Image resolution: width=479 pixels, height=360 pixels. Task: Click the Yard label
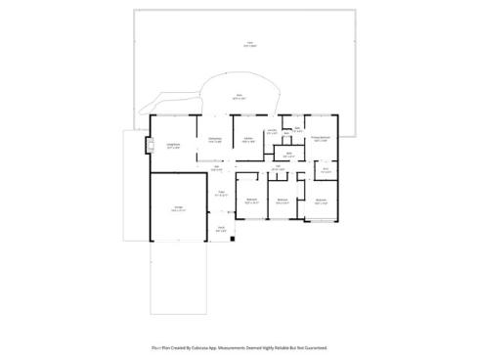249,43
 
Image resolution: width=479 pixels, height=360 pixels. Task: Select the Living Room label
173,144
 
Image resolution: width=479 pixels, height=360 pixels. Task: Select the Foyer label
222,193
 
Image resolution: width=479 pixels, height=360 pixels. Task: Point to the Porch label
222,229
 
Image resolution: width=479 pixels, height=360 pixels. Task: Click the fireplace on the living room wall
149,149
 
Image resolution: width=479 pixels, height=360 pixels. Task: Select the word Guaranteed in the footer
314,347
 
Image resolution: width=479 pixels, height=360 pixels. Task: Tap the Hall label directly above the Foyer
216,167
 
